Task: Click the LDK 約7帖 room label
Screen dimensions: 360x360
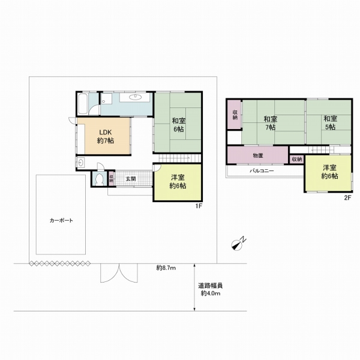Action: (x=106, y=136)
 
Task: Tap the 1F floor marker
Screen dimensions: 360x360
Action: (x=199, y=206)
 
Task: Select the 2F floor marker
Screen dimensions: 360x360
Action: (x=347, y=197)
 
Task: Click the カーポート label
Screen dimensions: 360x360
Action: (x=61, y=220)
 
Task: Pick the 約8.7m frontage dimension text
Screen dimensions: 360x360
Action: (x=166, y=268)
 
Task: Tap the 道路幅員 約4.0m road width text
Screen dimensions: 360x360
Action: (x=211, y=290)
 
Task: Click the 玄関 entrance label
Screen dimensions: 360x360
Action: (x=131, y=179)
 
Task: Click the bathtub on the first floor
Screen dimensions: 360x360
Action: (x=83, y=104)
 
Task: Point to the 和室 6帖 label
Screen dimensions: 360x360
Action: (x=179, y=125)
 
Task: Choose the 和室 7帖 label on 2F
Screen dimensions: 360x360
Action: (x=270, y=123)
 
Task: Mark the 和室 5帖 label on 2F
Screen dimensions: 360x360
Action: (x=330, y=123)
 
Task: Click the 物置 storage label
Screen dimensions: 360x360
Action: (x=258, y=155)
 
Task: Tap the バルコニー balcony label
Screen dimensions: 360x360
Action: (x=262, y=171)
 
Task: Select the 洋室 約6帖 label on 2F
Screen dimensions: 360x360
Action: (x=329, y=172)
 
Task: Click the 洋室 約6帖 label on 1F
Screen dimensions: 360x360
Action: (x=178, y=182)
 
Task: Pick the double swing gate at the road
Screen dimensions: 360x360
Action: (x=119, y=273)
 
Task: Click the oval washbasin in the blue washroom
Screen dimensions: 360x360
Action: (x=135, y=97)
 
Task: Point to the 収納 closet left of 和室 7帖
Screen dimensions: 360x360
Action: (x=235, y=115)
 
